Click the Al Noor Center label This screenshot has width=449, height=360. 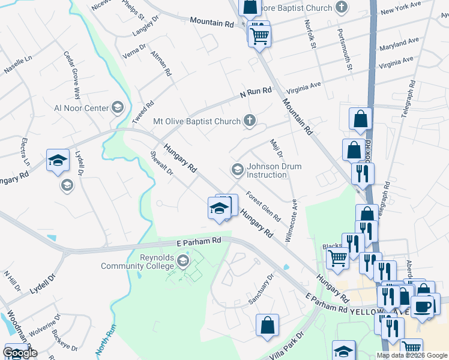click(81, 108)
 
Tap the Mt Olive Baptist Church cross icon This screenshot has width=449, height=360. click(250, 121)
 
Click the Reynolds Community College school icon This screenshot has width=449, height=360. click(184, 262)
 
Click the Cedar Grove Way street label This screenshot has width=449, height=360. click(71, 75)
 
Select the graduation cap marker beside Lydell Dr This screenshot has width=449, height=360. click(58, 160)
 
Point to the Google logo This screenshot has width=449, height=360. click(20, 353)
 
